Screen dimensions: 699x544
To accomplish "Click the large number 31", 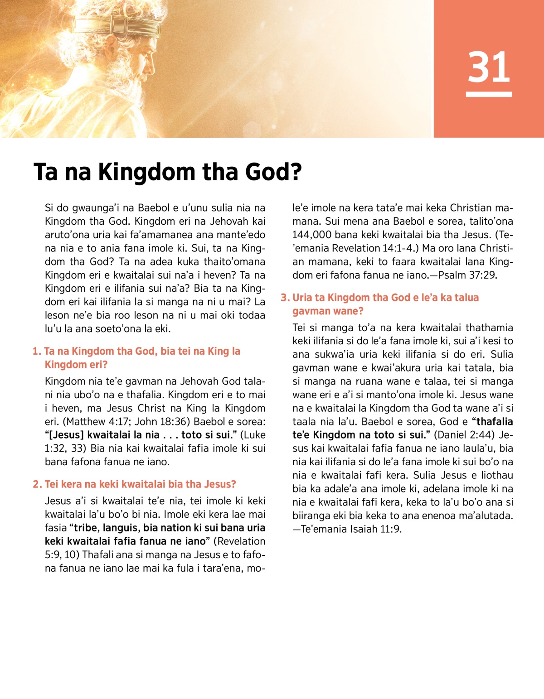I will click(489, 67).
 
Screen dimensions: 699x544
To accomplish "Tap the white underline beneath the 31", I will click(489, 94).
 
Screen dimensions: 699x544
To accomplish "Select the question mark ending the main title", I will click(296, 172).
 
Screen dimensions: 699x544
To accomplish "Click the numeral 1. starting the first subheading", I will click(37, 352).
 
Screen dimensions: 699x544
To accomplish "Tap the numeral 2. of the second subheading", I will click(37, 484).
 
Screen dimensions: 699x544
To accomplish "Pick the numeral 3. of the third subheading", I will click(285, 298).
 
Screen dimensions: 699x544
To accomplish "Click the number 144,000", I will click(313, 235).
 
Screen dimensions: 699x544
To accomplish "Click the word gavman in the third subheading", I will click(311, 311).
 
